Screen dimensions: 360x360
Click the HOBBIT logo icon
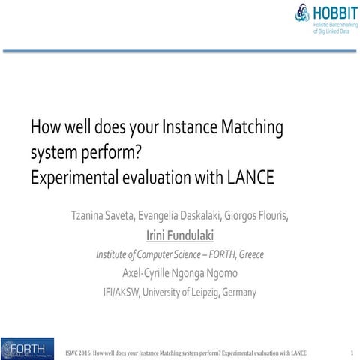click(302, 13)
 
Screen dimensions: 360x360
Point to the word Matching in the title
click(251, 128)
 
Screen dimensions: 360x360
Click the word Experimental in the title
click(70, 178)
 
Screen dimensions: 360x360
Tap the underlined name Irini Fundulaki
click(179, 235)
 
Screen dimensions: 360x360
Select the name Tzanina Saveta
click(102, 217)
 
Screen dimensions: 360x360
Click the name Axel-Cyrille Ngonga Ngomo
click(179, 272)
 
